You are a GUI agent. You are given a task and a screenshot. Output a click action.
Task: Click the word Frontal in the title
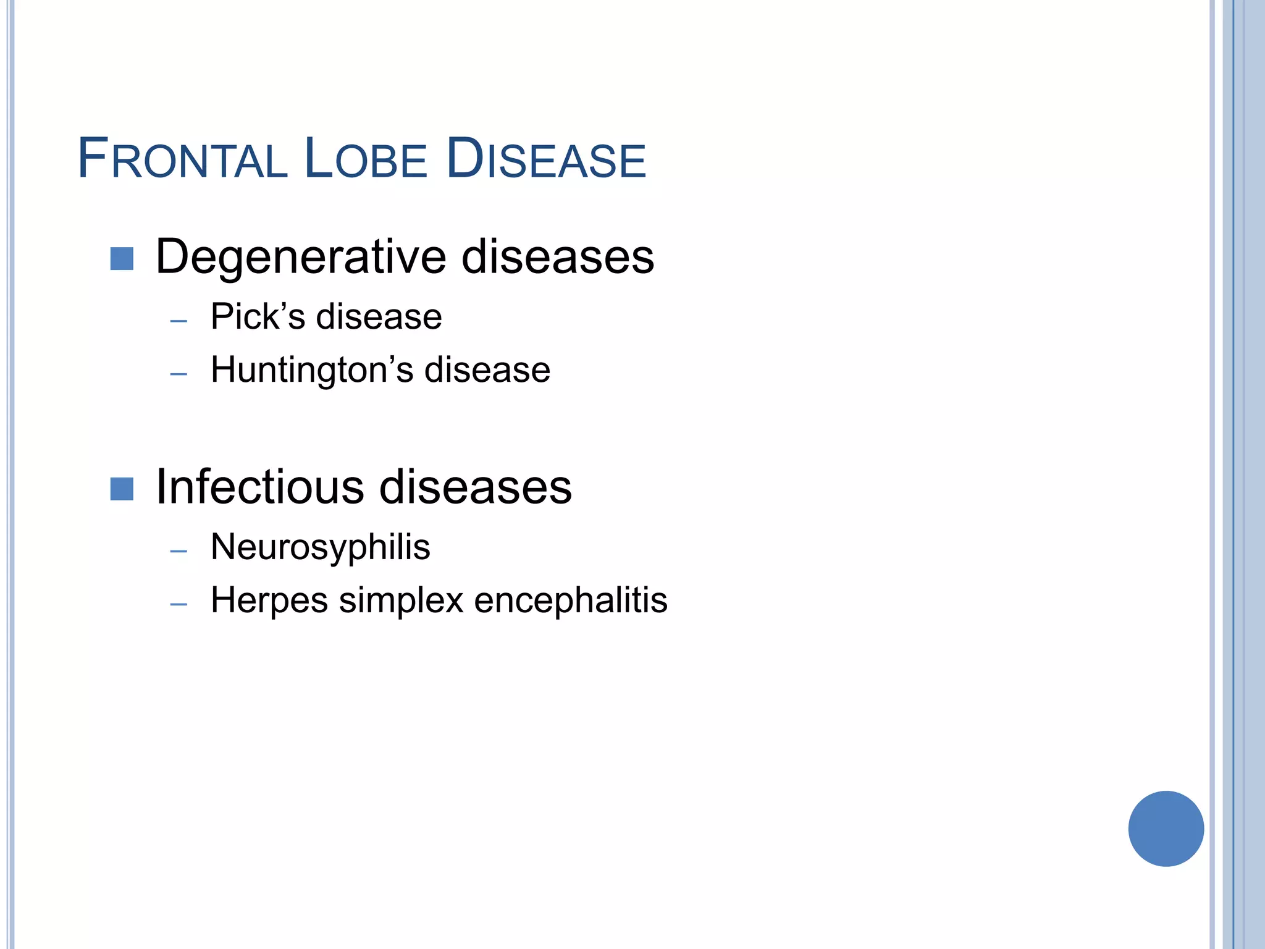coord(182,159)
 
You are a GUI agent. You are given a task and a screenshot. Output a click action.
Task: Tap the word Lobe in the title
coord(365,159)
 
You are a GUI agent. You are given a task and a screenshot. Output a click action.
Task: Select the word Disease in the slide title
coord(545,159)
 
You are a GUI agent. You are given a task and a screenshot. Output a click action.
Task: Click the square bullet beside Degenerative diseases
coord(122,259)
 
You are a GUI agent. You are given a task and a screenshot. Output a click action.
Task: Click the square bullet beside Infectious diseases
coord(122,489)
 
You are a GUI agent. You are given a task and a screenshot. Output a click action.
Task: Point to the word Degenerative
coord(301,257)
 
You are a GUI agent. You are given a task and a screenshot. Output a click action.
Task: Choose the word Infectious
coord(260,487)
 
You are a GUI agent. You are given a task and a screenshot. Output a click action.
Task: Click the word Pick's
coord(258,317)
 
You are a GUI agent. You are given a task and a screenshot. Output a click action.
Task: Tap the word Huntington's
coord(312,370)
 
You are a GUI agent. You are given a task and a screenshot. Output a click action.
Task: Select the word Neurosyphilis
coord(320,547)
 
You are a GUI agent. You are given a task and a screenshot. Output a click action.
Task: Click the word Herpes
coord(269,601)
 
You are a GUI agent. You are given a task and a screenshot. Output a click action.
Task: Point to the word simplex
coord(401,601)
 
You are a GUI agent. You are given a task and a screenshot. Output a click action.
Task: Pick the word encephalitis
coord(571,601)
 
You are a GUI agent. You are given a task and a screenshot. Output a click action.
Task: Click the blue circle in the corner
coord(1166,829)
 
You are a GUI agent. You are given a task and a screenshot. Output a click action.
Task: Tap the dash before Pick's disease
coord(179,321)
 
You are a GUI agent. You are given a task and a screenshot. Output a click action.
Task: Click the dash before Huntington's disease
coord(179,374)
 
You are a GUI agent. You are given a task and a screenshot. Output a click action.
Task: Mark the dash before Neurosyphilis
coord(179,551)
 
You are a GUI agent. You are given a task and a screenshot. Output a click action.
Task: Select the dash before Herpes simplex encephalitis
coord(179,604)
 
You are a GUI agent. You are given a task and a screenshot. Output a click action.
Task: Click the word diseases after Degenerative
coord(557,257)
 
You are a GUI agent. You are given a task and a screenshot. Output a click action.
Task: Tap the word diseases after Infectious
coord(475,487)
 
